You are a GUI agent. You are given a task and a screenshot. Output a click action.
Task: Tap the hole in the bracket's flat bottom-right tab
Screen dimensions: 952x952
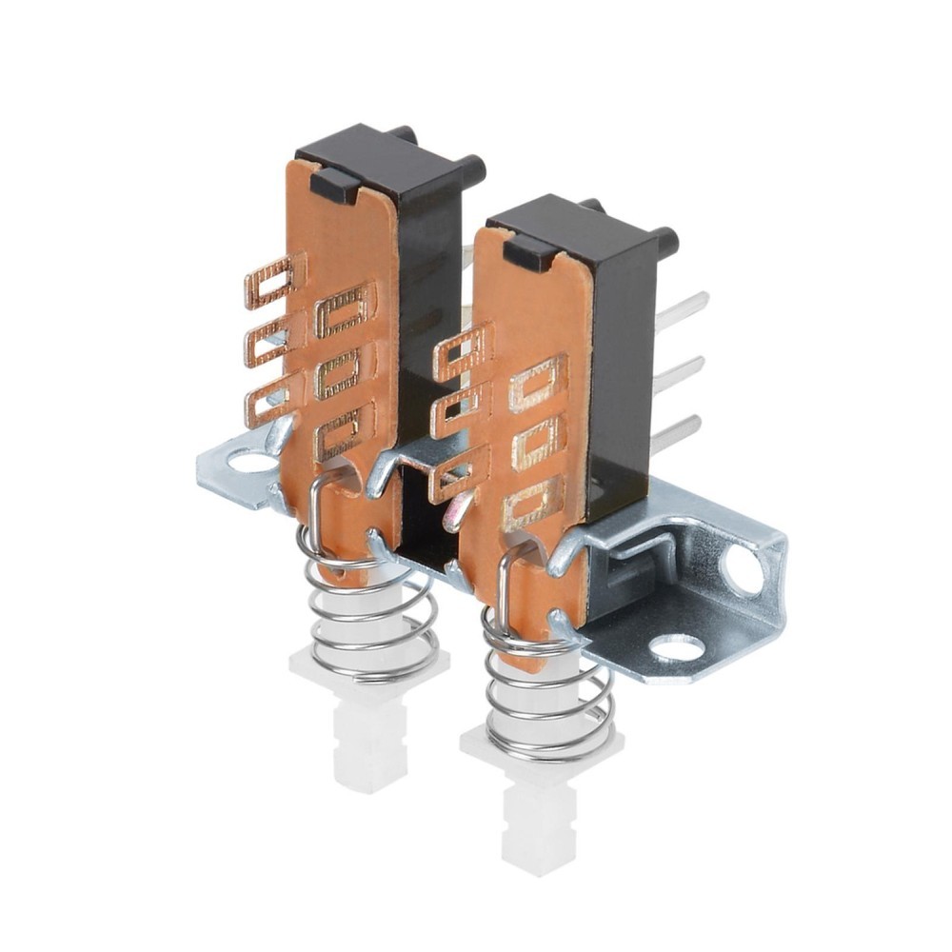(677, 649)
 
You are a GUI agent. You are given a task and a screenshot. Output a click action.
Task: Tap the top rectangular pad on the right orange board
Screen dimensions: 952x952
(537, 385)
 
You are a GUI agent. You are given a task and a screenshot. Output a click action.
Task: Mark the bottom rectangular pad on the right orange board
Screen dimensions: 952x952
(532, 504)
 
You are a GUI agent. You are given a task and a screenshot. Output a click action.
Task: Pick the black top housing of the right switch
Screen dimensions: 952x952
(571, 228)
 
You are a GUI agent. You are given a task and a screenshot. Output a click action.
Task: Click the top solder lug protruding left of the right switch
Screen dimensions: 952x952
(463, 349)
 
